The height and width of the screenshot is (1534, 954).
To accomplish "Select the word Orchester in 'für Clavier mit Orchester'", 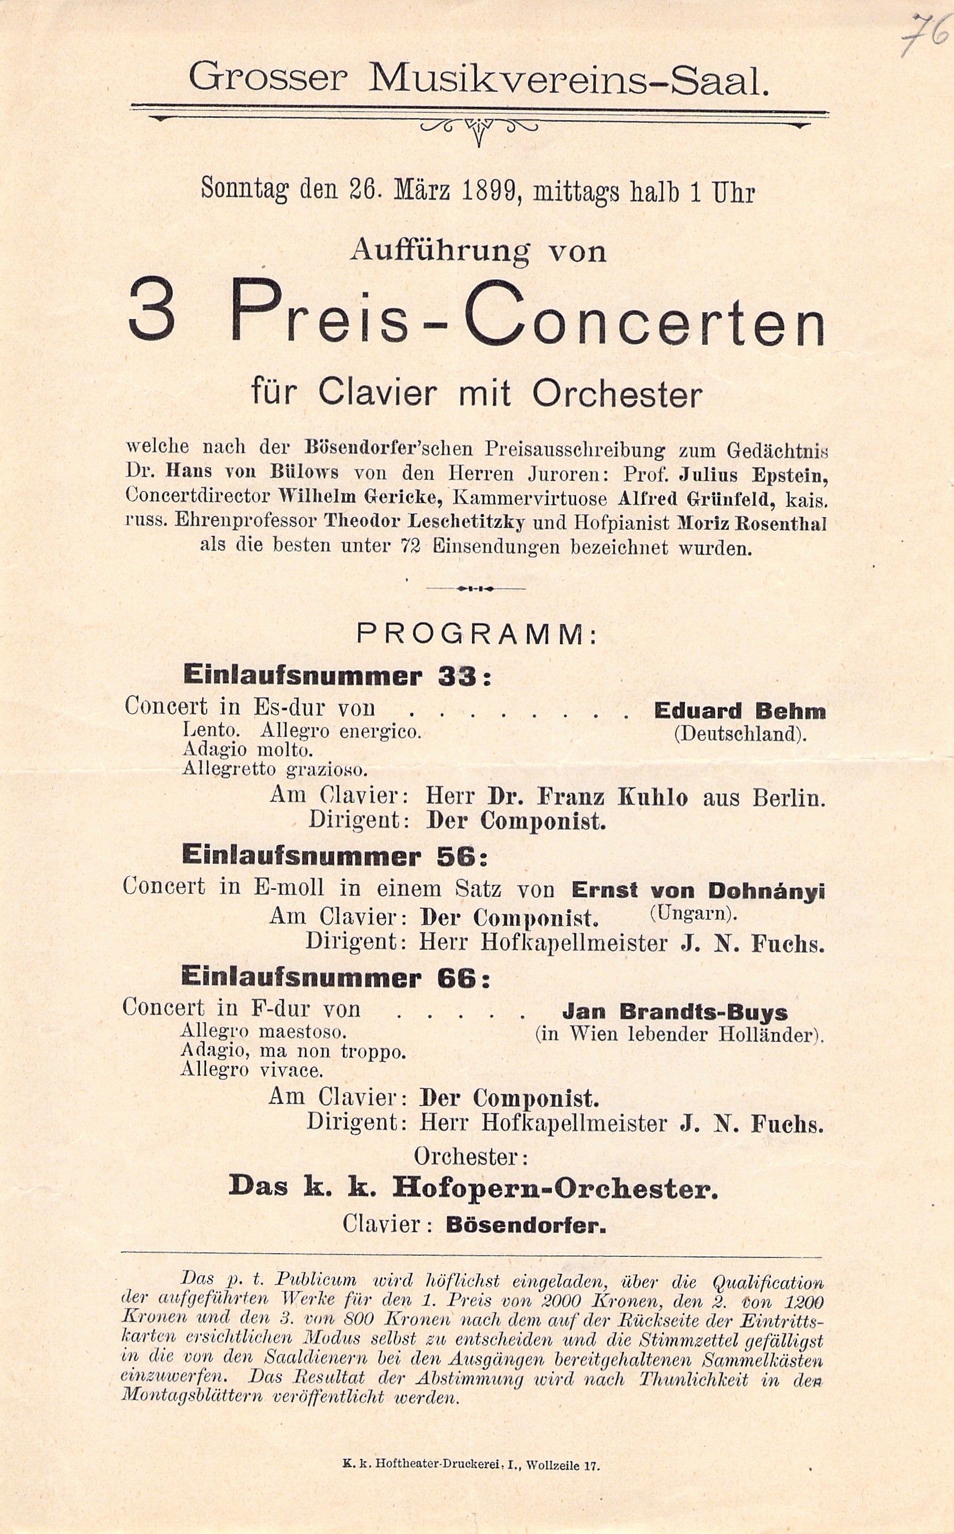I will click(617, 394).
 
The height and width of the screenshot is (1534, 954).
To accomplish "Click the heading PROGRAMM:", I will click(477, 634).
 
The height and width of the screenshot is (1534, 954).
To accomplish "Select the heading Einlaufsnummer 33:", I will click(337, 676).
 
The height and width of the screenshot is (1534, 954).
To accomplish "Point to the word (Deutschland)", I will click(739, 735).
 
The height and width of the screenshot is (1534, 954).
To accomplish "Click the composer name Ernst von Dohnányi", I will click(698, 890).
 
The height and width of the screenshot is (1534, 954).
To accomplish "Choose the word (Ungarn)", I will click(693, 913).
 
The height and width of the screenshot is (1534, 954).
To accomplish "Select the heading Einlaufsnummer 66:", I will click(335, 978).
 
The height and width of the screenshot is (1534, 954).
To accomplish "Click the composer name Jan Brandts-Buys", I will click(675, 1012).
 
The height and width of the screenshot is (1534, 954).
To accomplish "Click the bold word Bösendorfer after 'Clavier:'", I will click(526, 1226).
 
